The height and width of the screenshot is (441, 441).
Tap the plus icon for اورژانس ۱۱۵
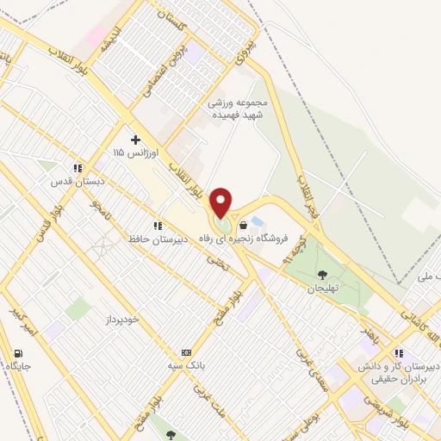(x=135, y=139)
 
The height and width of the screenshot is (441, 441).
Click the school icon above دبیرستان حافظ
(x=156, y=226)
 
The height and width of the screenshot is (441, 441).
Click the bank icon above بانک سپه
(x=185, y=353)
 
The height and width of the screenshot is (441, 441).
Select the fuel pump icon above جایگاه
(x=19, y=354)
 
